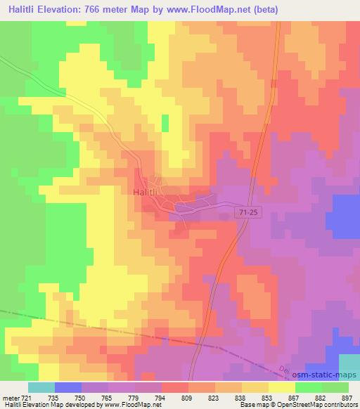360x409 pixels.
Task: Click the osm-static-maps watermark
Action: point(316,377)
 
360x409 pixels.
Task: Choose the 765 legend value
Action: point(108,397)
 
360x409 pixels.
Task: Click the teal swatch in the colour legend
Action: point(41,387)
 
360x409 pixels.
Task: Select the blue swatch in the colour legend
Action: point(68,387)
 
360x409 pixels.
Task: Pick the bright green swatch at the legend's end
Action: point(335,387)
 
